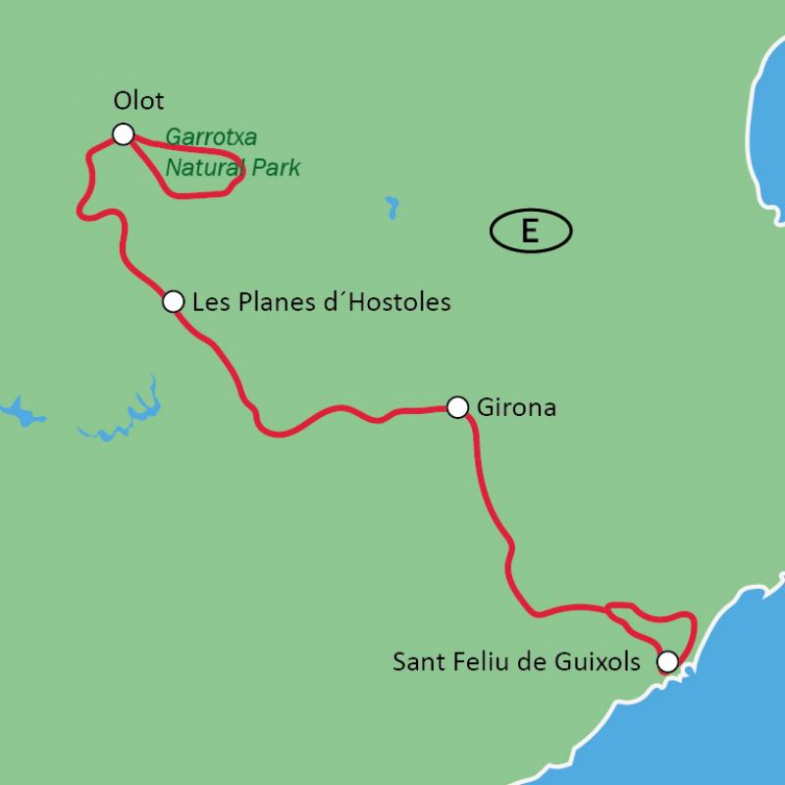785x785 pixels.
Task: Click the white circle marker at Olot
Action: (x=123, y=134)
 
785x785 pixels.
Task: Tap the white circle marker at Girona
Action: (x=457, y=406)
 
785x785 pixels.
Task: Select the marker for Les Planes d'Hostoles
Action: (x=173, y=301)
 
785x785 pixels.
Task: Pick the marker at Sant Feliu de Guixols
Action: (x=667, y=661)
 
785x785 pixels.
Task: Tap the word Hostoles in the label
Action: (x=400, y=301)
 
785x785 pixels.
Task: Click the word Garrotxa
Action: (x=211, y=137)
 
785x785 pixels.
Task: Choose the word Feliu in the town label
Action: (x=473, y=661)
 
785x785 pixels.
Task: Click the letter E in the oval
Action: (x=530, y=232)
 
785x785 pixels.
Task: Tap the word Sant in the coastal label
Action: (x=415, y=661)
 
